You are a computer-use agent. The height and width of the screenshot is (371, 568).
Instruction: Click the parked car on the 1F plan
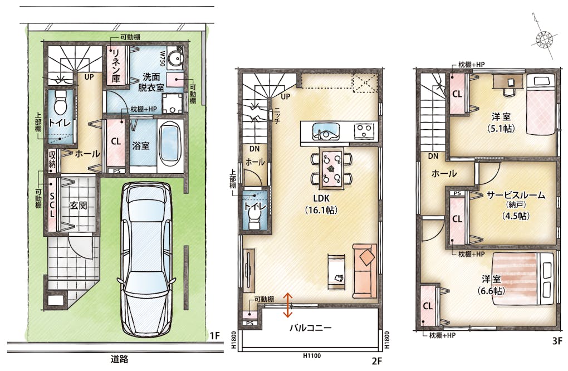(x=146, y=260)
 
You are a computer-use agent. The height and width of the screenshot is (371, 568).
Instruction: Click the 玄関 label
(x=79, y=206)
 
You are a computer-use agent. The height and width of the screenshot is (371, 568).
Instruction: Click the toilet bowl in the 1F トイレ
(x=60, y=103)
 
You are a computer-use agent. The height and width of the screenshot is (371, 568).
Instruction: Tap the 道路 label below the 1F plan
(x=119, y=359)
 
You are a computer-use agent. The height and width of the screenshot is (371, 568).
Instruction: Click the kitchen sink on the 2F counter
(x=326, y=131)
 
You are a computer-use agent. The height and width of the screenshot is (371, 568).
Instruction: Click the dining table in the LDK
(x=331, y=168)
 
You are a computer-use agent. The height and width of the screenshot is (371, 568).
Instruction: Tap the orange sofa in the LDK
(x=365, y=271)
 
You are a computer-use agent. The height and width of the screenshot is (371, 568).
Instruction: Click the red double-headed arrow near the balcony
(x=288, y=305)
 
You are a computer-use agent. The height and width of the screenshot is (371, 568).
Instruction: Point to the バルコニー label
(x=310, y=328)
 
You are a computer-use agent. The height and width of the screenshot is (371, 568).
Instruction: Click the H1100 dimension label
(x=312, y=356)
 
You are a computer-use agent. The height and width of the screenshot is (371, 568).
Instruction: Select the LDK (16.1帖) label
(x=321, y=204)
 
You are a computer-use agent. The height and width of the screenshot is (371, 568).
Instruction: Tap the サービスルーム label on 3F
(x=516, y=195)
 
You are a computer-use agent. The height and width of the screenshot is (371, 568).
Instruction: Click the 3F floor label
(x=557, y=341)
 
